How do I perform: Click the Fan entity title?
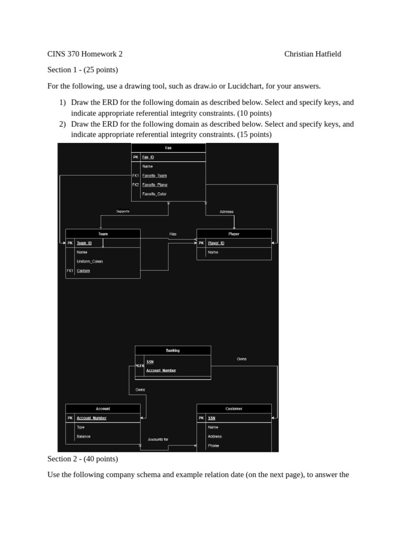pyautogui.click(x=168, y=148)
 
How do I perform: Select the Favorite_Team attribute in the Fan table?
pyautogui.click(x=154, y=175)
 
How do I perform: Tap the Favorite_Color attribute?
pyautogui.click(x=154, y=194)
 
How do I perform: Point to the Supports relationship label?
pyautogui.click(x=123, y=211)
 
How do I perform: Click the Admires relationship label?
pyautogui.click(x=227, y=212)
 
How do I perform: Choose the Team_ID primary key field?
pyautogui.click(x=84, y=243)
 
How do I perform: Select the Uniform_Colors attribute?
pyautogui.click(x=90, y=261)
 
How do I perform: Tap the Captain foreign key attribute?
pyautogui.click(x=83, y=271)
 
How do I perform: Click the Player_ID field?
pyautogui.click(x=216, y=243)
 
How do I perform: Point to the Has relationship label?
pyautogui.click(x=173, y=234)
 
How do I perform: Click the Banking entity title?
pyautogui.click(x=173, y=350)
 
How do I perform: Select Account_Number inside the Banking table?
pyautogui.click(x=161, y=370)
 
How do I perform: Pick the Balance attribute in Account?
pyautogui.click(x=83, y=436)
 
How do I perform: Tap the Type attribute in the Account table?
pyautogui.click(x=81, y=427)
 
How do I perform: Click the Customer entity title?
pyautogui.click(x=234, y=408)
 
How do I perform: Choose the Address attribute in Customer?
pyautogui.click(x=215, y=436)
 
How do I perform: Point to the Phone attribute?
pyautogui.click(x=213, y=446)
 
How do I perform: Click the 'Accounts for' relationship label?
pyautogui.click(x=158, y=439)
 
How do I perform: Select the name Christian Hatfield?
pyautogui.click(x=313, y=54)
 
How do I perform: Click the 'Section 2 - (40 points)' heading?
pyautogui.click(x=82, y=459)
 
